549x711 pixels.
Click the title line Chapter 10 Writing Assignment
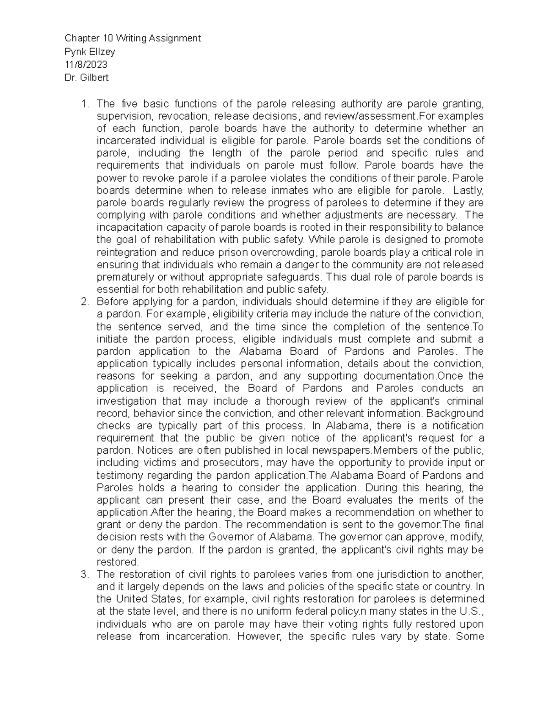133,38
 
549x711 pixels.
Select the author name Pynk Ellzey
90,52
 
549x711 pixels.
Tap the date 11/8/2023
86,65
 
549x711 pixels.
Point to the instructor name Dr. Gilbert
86,78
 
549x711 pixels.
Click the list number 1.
83,104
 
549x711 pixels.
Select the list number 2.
83,302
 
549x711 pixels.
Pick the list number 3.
83,575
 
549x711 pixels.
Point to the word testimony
118,475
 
